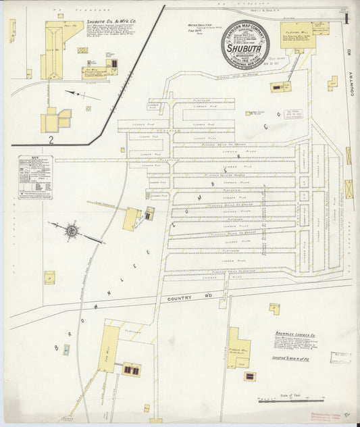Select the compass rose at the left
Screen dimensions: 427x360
coord(71,231)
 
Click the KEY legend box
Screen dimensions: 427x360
coord(35,177)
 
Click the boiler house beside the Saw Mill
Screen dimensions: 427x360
coord(131,370)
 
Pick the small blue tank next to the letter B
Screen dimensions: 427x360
coord(66,350)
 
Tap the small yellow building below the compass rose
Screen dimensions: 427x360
coord(49,277)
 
